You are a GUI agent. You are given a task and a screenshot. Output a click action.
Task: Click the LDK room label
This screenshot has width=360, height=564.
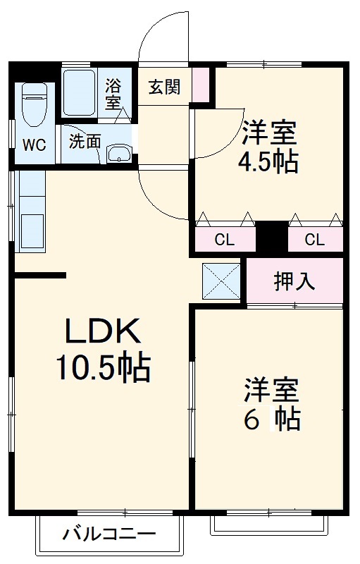[104, 331]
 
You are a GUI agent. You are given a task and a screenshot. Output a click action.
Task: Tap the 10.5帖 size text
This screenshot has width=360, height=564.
[103, 366]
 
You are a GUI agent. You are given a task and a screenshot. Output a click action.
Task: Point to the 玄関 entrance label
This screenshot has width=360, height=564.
[164, 87]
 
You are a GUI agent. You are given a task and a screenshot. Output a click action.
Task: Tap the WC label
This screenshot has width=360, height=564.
[33, 145]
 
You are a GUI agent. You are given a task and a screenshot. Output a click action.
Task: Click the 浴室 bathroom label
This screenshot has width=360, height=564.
[113, 94]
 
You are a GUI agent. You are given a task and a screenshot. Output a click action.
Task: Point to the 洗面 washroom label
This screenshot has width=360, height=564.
[85, 140]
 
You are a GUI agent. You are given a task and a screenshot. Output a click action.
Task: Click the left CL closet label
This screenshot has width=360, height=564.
[224, 240]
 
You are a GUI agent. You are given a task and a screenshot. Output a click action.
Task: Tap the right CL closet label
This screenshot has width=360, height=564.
[315, 240]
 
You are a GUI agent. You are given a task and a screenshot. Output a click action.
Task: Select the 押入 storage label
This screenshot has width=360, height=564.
[294, 281]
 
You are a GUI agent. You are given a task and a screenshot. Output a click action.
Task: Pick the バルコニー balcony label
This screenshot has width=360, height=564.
[109, 534]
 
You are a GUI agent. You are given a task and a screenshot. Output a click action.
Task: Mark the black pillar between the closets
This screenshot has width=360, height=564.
[271, 237]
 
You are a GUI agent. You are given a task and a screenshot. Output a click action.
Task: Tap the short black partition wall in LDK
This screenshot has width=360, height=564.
[40, 275]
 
